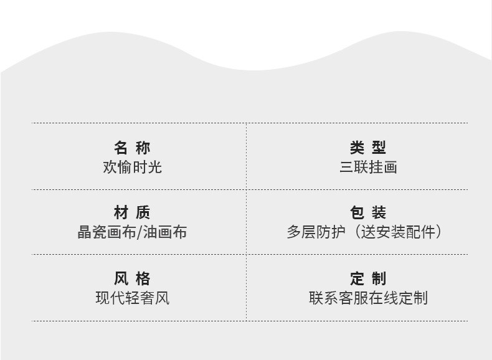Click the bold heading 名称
132,148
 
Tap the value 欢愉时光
132,167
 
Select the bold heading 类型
367,148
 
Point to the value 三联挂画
367,167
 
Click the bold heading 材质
132,213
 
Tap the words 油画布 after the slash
165,232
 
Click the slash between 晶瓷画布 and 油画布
140,232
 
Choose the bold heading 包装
367,213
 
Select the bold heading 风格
132,278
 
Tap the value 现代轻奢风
132,298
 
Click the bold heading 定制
367,278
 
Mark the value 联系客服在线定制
367,298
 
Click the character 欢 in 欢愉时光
110,167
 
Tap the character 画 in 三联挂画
390,167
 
